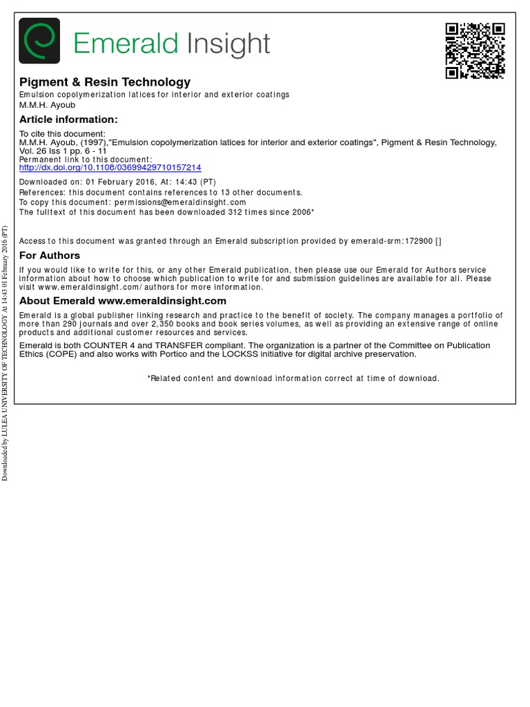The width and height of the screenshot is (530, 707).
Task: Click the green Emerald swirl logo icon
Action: pyautogui.click(x=39, y=41)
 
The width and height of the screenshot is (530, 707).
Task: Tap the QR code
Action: pyautogui.click(x=475, y=50)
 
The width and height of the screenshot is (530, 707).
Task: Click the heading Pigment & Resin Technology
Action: pyautogui.click(x=105, y=82)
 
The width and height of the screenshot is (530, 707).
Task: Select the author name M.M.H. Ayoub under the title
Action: pyautogui.click(x=47, y=105)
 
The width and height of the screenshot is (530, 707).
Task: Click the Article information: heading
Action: pyautogui.click(x=68, y=119)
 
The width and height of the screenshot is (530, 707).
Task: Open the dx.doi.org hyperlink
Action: pyautogui.click(x=110, y=168)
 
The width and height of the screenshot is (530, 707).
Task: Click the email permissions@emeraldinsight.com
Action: pyautogui.click(x=180, y=202)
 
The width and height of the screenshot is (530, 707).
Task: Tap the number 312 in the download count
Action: pyautogui.click(x=236, y=212)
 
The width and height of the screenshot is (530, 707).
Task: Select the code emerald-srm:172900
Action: pyautogui.click(x=400, y=241)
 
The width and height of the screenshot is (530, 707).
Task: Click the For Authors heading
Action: pyautogui.click(x=50, y=255)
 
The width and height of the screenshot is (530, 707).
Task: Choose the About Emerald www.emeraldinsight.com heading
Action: pyautogui.click(x=123, y=301)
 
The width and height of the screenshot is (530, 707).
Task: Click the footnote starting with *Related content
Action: pyautogui.click(x=293, y=378)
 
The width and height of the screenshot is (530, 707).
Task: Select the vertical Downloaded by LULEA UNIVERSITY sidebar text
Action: pyautogui.click(x=5, y=352)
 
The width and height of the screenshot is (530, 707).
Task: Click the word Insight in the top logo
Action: pyautogui.click(x=227, y=43)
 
